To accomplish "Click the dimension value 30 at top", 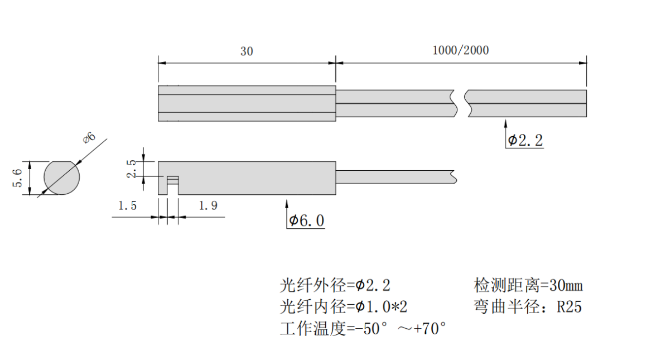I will point(247,51).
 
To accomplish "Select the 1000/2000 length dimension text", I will point(461,50).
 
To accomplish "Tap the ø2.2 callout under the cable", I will point(525,141).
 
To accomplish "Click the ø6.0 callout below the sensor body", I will point(306,221).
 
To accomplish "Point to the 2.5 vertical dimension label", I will point(132,169).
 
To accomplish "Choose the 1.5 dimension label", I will point(127,206).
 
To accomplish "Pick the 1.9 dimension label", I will point(208,206).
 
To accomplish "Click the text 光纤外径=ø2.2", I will point(335,286).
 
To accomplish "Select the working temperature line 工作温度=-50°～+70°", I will point(363,328).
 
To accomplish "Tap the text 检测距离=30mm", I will point(528,286).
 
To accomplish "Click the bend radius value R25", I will point(569,307).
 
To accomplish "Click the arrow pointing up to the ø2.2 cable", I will point(505,126).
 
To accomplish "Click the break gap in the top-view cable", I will point(462,103).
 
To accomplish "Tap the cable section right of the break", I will point(527,103).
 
